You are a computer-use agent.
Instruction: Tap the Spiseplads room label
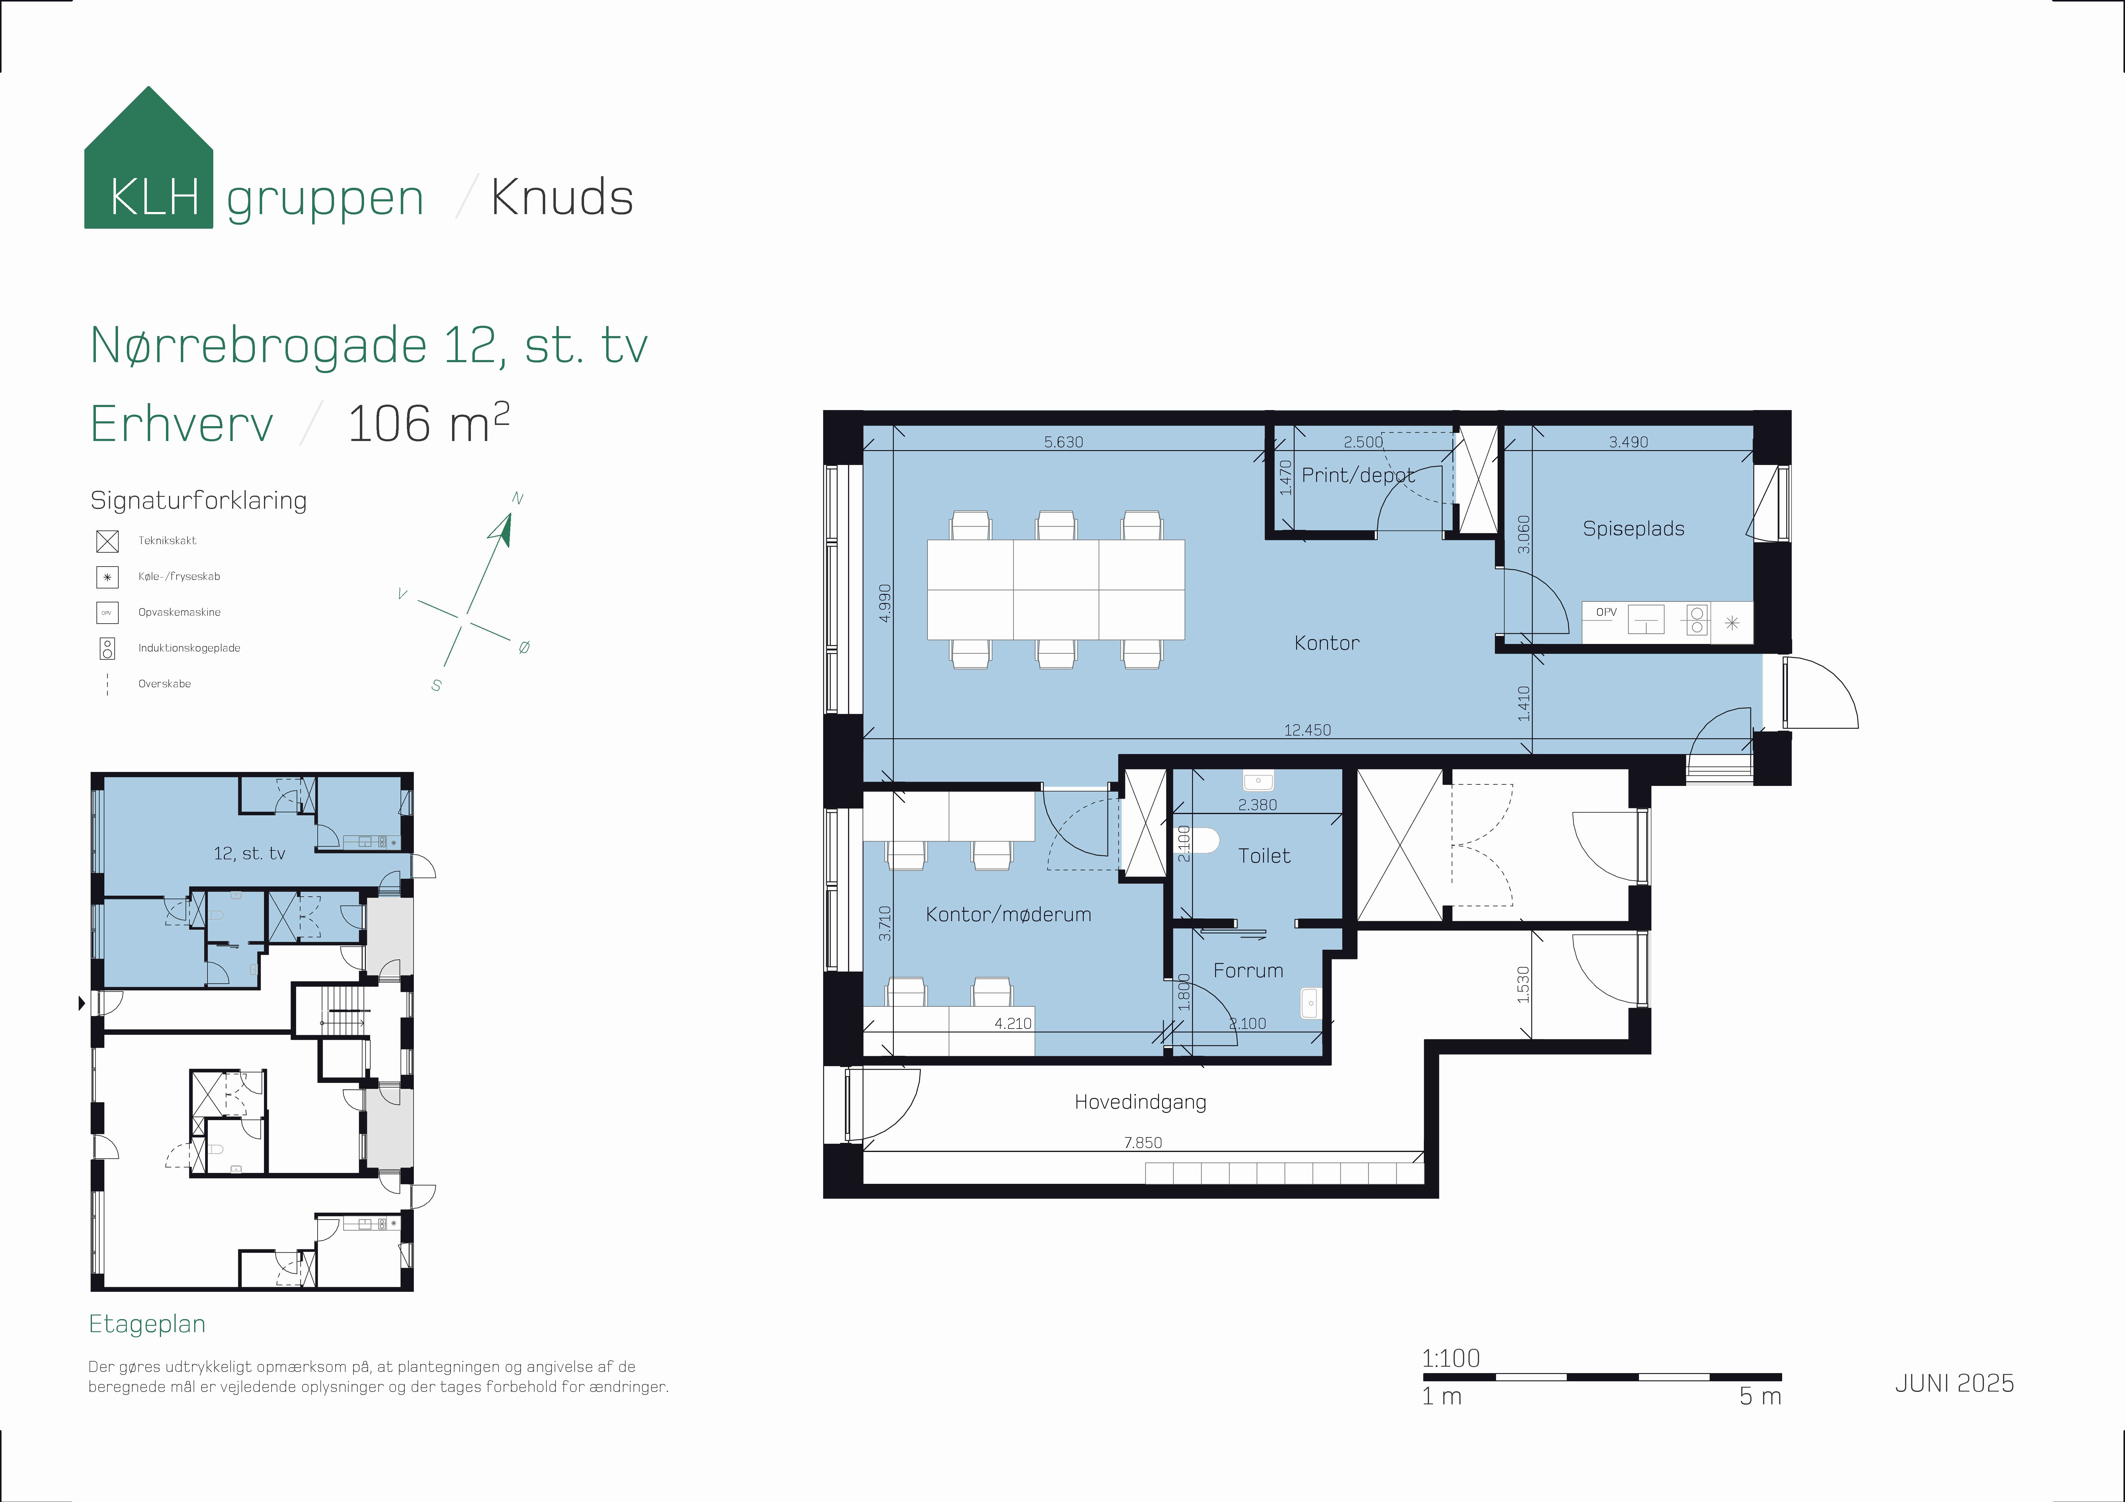pos(1633,528)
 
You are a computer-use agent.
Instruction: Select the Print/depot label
pos(1358,476)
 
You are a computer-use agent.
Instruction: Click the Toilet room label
pos(1264,856)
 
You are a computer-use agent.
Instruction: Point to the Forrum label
pos(1248,971)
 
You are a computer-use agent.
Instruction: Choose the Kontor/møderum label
pos(1008,914)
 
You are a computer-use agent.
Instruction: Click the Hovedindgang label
pos(1140,1102)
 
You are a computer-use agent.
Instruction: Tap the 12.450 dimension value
pos(1307,730)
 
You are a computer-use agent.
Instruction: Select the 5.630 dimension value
pos(1063,442)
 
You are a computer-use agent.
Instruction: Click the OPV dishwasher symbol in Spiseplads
pos(1607,613)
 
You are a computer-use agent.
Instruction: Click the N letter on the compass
pos(517,499)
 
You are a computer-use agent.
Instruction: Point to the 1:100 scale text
pos(1450,1359)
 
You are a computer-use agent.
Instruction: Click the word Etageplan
pos(147,1324)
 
